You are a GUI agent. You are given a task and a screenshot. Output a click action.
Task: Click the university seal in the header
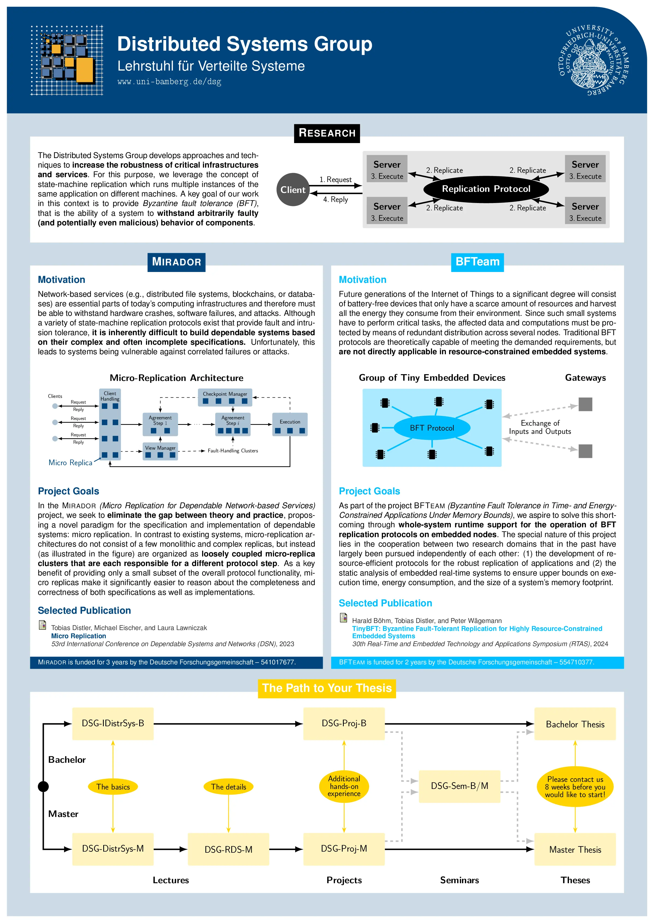(594, 60)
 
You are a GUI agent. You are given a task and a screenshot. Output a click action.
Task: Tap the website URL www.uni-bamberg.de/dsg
(169, 82)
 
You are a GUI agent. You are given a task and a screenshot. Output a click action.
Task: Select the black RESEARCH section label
(327, 133)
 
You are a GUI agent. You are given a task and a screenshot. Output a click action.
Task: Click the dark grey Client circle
(293, 189)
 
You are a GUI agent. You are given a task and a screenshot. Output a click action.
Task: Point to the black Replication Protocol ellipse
(486, 189)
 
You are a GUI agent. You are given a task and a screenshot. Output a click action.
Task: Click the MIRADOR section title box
(177, 262)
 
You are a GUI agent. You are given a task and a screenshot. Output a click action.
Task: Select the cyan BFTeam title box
(477, 262)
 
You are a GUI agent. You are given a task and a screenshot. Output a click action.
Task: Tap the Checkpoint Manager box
(225, 397)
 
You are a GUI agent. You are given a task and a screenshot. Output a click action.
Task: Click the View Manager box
(160, 451)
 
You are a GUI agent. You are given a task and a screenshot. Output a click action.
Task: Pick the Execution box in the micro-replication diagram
(290, 424)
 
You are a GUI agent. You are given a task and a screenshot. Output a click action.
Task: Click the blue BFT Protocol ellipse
(432, 428)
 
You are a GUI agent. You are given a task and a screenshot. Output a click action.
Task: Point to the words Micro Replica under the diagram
(71, 462)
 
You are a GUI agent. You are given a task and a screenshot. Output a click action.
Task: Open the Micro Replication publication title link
(78, 636)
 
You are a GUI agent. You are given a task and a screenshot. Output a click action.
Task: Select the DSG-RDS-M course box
(228, 849)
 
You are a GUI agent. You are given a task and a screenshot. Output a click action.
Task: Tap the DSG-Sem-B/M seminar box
(460, 786)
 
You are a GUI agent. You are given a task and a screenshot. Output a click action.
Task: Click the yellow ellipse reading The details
(228, 786)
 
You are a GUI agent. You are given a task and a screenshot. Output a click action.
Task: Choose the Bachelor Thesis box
(575, 724)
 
